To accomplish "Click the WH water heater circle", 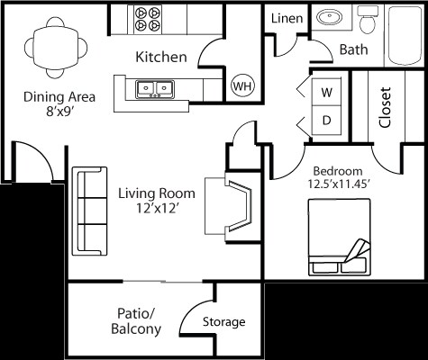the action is (x=242, y=85).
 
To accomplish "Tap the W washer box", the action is (x=326, y=92).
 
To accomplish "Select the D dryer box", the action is (x=326, y=120).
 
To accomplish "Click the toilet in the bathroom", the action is (x=368, y=19).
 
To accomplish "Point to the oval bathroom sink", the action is (x=330, y=16).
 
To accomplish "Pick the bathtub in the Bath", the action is (x=405, y=35).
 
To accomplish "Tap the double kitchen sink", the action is (x=155, y=89).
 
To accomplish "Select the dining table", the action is (x=56, y=48).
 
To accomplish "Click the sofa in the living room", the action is (x=89, y=211).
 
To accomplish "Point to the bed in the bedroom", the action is (x=340, y=237).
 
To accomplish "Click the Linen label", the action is (x=287, y=19).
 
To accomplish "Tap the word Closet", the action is (x=385, y=107).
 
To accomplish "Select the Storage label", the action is (x=223, y=322).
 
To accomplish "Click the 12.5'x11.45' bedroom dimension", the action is (x=338, y=184).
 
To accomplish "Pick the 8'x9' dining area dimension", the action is (x=59, y=112).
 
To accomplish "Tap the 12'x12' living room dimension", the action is (x=156, y=208).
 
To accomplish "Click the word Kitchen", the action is (x=161, y=57).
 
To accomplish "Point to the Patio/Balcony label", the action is (x=136, y=321).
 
